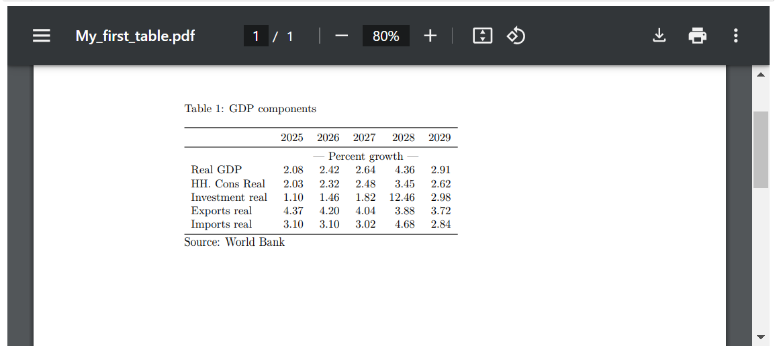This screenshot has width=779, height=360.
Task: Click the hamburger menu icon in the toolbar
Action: click(x=42, y=36)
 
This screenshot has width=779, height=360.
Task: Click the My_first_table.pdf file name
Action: click(x=135, y=36)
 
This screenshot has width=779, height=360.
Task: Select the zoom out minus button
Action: click(x=341, y=36)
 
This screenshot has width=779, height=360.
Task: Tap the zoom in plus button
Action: click(x=430, y=36)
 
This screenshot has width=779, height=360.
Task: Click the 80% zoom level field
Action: click(x=385, y=36)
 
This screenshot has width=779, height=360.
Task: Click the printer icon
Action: click(x=698, y=36)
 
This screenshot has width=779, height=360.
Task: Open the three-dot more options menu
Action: click(x=736, y=36)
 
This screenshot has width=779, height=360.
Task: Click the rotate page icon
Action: click(x=516, y=36)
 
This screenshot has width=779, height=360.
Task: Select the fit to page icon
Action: click(x=482, y=36)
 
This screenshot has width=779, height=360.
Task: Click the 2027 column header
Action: click(x=364, y=138)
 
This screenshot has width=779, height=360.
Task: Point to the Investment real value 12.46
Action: click(x=402, y=197)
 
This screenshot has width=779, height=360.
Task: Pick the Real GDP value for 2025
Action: click(x=293, y=170)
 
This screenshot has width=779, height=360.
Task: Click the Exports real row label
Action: click(x=221, y=211)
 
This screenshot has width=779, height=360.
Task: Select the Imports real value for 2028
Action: click(x=404, y=224)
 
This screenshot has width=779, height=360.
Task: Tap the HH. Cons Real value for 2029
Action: click(x=441, y=184)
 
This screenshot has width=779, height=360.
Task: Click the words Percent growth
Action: click(x=365, y=156)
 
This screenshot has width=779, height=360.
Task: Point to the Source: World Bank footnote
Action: click(x=234, y=242)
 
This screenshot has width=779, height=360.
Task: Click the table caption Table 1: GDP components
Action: click(x=250, y=109)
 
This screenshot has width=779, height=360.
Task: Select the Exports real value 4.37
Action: click(x=293, y=211)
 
